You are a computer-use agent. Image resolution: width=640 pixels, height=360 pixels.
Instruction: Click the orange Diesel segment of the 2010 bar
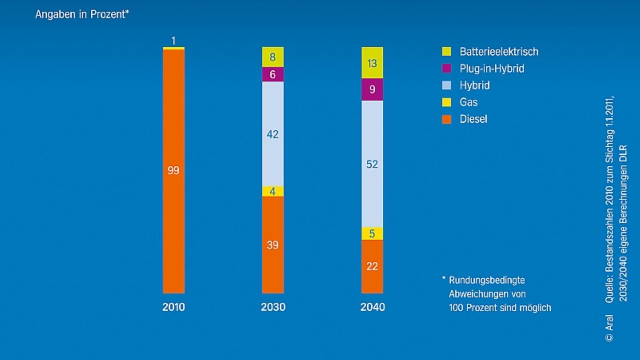click(x=173, y=171)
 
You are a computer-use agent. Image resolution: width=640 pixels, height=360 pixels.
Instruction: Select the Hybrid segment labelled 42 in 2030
click(x=272, y=134)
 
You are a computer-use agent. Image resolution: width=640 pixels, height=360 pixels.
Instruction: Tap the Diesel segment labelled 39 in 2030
click(x=272, y=245)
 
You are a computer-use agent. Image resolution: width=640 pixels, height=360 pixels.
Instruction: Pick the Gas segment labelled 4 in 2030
click(x=272, y=192)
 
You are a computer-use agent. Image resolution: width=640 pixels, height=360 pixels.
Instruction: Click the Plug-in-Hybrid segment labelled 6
click(x=272, y=75)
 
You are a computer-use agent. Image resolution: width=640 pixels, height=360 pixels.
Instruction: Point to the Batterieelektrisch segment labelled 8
click(x=272, y=57)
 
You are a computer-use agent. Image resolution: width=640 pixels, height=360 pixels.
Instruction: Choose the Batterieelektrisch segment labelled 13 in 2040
click(x=372, y=63)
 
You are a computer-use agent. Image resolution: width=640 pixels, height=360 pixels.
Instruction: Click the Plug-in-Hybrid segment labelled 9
click(x=372, y=89)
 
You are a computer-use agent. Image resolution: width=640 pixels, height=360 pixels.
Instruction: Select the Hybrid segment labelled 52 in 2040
click(x=372, y=164)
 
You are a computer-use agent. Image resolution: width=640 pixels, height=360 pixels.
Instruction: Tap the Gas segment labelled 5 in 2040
click(x=372, y=233)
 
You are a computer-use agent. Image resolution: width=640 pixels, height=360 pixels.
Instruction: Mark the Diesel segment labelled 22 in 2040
click(x=372, y=266)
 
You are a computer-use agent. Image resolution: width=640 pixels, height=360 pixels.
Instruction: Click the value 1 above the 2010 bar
click(x=173, y=41)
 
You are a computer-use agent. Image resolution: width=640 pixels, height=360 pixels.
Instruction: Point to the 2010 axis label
click(x=173, y=307)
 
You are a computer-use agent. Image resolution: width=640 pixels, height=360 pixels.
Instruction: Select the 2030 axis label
click(x=273, y=307)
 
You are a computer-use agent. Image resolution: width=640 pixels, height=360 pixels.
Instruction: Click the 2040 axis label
click(x=372, y=307)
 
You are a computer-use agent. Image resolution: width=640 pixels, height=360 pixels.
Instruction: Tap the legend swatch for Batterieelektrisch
click(x=447, y=52)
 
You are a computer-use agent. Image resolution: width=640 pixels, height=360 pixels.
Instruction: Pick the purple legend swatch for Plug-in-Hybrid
click(x=447, y=68)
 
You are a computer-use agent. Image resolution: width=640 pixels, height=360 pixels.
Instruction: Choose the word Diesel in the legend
click(x=473, y=119)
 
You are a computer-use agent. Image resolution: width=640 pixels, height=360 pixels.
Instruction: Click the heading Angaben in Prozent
click(x=82, y=14)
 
